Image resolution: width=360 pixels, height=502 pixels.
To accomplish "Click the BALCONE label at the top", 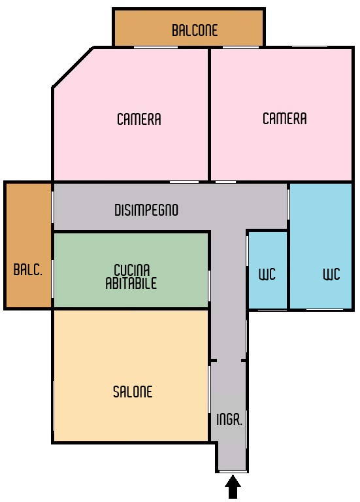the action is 195,30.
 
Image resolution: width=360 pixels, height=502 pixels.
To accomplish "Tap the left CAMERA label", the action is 139,119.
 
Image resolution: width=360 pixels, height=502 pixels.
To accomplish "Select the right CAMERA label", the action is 284,118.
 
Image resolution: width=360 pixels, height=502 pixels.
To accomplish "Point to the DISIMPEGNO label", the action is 146,210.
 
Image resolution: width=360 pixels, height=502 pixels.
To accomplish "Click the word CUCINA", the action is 132,270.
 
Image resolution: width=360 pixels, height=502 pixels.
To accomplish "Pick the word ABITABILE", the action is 131,283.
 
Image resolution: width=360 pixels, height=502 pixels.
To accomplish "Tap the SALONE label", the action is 133,392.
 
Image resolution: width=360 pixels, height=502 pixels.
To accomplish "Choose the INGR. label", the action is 229,419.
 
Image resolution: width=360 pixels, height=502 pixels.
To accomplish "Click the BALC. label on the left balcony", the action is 28,269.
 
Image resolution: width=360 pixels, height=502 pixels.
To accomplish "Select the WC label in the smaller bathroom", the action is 267,274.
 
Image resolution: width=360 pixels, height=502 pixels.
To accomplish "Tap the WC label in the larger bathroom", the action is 331,274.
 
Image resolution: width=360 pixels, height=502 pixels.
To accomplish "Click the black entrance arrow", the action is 233,486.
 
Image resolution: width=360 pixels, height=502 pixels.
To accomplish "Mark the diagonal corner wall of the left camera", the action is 73,67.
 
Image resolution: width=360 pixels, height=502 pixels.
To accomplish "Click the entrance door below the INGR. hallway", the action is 233,471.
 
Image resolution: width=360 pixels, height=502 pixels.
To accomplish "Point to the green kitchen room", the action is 131,270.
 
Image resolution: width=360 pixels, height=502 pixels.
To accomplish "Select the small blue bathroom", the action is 267,270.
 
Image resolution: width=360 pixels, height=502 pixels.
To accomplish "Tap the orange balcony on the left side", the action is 28,245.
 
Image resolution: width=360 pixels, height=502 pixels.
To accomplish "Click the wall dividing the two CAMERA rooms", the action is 209,114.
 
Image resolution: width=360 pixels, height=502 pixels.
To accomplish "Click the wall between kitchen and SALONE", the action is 131,309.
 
